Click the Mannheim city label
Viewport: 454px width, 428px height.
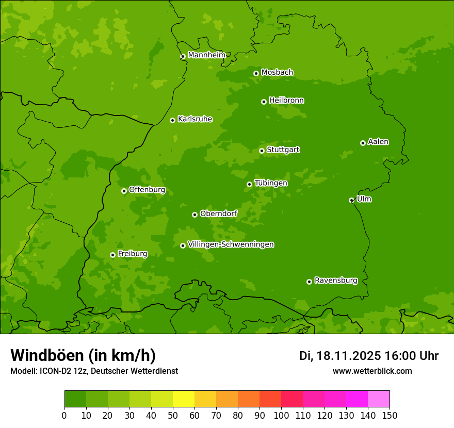206,55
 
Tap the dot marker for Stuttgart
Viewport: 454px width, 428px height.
262,151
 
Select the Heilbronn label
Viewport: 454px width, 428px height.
286,101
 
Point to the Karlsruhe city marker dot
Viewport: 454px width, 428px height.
172,120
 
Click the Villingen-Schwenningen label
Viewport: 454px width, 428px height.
231,244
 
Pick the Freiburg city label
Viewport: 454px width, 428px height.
132,254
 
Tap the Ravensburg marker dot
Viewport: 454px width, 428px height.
309,282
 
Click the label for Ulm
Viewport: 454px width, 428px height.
364,199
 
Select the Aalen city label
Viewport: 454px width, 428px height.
378,142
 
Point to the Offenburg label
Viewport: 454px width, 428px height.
147,190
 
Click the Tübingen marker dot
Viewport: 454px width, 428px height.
249,184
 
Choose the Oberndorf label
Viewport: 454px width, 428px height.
218,213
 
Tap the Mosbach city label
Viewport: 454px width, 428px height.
277,73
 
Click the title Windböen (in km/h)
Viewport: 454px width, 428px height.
83,355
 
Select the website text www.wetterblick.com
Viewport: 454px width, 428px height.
372,371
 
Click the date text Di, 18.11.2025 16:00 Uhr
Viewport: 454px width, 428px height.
369,356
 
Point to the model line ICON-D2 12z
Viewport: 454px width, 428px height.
94,371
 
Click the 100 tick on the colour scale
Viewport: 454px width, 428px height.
281,415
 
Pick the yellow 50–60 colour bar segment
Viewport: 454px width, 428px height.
184,399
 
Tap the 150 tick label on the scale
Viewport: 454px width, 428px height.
390,415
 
